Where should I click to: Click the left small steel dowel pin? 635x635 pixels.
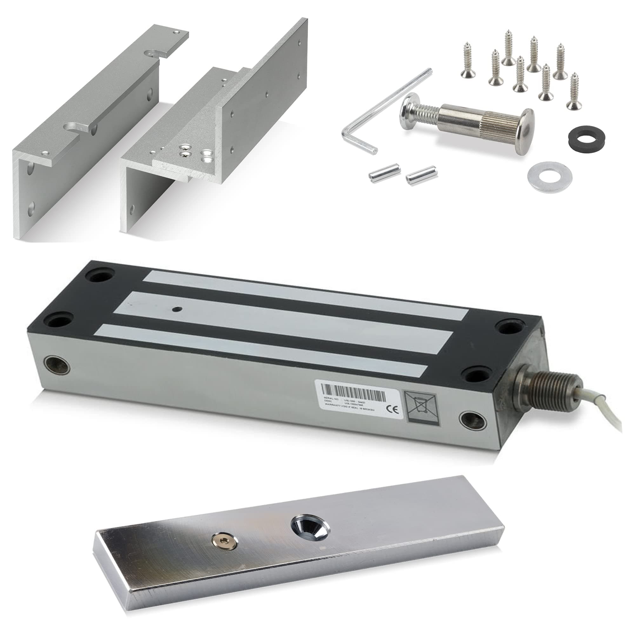coord(378,175)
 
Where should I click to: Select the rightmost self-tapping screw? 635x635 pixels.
coord(574,91)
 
